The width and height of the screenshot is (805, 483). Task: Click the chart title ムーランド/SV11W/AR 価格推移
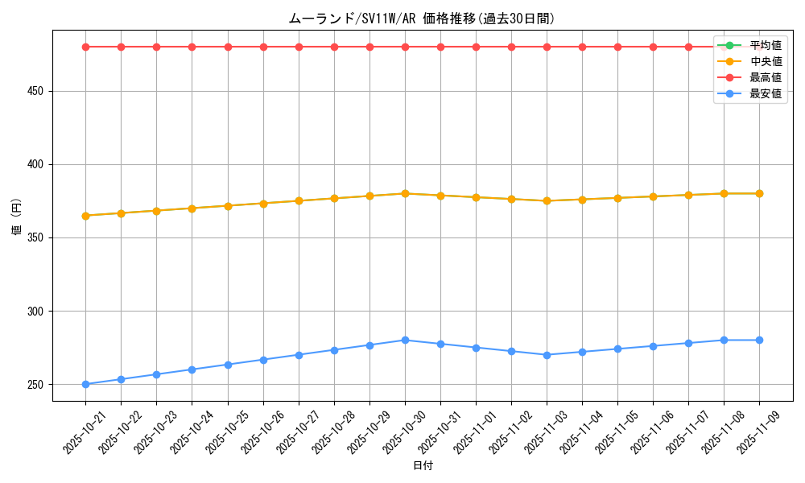(422, 19)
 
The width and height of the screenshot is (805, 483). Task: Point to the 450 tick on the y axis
(36, 92)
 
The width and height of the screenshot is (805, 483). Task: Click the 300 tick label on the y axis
(36, 312)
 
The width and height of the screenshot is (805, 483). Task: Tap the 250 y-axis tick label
(36, 385)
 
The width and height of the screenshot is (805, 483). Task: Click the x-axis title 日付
(423, 466)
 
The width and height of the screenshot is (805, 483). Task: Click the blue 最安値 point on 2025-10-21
(85, 384)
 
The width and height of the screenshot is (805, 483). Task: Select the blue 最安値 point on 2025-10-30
(405, 340)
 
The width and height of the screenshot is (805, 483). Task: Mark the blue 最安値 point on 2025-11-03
(547, 355)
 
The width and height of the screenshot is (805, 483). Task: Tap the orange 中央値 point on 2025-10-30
(405, 193)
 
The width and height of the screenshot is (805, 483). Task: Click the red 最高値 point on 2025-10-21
(85, 47)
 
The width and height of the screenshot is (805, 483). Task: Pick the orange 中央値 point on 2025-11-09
(759, 193)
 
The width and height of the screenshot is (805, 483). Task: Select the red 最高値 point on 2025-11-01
(476, 47)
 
